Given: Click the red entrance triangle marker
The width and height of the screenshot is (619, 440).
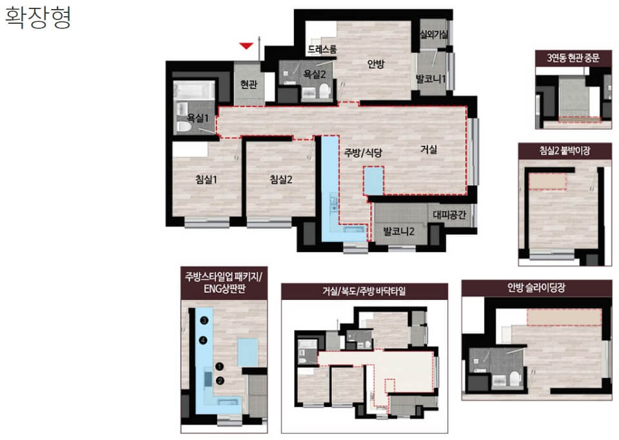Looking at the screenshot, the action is click(x=246, y=46).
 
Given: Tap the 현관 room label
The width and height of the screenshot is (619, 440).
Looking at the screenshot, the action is click(x=249, y=84).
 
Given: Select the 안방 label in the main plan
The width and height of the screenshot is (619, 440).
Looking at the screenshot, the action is click(x=375, y=64).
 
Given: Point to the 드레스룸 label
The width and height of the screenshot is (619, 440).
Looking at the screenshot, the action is click(x=322, y=50).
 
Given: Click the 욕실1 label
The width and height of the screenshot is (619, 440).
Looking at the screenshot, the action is click(x=197, y=117).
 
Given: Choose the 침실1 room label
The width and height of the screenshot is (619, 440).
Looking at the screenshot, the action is click(x=206, y=180).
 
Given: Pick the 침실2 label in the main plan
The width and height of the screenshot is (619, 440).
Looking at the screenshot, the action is click(x=281, y=180).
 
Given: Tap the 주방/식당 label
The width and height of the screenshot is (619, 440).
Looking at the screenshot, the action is click(x=363, y=153).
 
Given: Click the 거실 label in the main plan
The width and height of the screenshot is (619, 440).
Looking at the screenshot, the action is click(x=429, y=149).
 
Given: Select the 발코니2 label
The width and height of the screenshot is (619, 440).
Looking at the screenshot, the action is click(x=398, y=231).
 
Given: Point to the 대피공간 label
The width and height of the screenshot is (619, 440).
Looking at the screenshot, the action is click(x=449, y=214).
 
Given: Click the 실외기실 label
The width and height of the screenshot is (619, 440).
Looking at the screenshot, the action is click(x=434, y=34).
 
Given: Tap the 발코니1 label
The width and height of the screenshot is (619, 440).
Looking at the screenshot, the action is click(x=431, y=79).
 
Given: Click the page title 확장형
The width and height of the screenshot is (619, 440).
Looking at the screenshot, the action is click(x=38, y=18).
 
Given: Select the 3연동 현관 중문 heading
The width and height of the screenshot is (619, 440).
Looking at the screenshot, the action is click(x=573, y=58).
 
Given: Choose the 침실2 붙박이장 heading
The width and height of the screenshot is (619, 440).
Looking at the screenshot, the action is click(x=565, y=150).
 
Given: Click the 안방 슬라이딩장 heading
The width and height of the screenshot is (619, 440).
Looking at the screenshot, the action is click(x=536, y=288).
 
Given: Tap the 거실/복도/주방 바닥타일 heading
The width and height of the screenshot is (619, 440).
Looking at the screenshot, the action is click(x=364, y=292).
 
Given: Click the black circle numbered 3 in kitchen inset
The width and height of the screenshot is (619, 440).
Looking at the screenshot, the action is click(x=204, y=321).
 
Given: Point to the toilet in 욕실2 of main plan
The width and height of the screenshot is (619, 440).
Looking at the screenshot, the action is click(x=324, y=91).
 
